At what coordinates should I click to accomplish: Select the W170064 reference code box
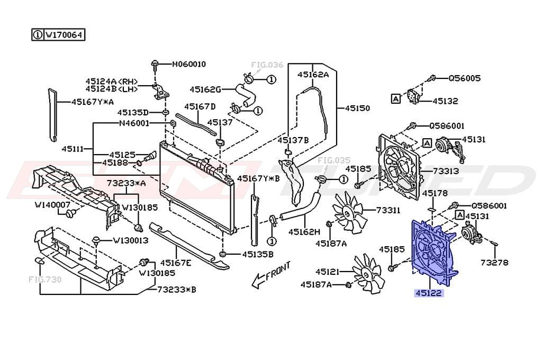[58, 35]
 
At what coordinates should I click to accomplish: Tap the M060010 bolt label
[188, 65]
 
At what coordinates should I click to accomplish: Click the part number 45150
[357, 108]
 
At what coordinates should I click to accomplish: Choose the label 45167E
[176, 263]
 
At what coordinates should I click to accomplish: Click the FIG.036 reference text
[267, 65]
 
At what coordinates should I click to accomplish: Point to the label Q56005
[464, 78]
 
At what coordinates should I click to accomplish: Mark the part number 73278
[494, 262]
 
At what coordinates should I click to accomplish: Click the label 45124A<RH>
[112, 82]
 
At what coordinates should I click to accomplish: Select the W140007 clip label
[52, 204]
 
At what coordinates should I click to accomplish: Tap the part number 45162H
[304, 232]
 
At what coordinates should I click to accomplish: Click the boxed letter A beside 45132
[395, 98]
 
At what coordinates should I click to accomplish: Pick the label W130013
[130, 240]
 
